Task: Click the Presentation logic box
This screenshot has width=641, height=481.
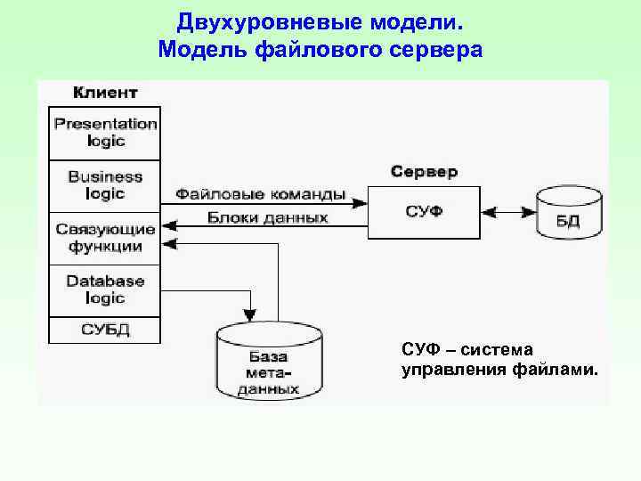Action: pos(105,133)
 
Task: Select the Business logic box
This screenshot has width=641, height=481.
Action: pos(105,185)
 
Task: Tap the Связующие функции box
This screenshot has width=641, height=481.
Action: pos(105,238)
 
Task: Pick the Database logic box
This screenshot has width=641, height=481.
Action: pos(105,289)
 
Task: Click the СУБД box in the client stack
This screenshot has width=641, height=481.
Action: pos(105,330)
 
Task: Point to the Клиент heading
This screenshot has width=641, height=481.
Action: pos(105,93)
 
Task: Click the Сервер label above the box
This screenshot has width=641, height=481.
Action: pos(424,171)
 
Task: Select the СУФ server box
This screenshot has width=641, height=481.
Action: pos(424,212)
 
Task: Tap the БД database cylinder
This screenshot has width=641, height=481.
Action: pos(569,214)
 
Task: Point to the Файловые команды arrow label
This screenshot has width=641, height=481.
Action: pos(260,194)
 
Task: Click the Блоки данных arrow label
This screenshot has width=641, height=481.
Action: pos(267,217)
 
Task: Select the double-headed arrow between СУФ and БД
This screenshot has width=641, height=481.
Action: pos(507,213)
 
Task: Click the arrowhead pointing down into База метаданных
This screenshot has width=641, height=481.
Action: pos(249,315)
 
